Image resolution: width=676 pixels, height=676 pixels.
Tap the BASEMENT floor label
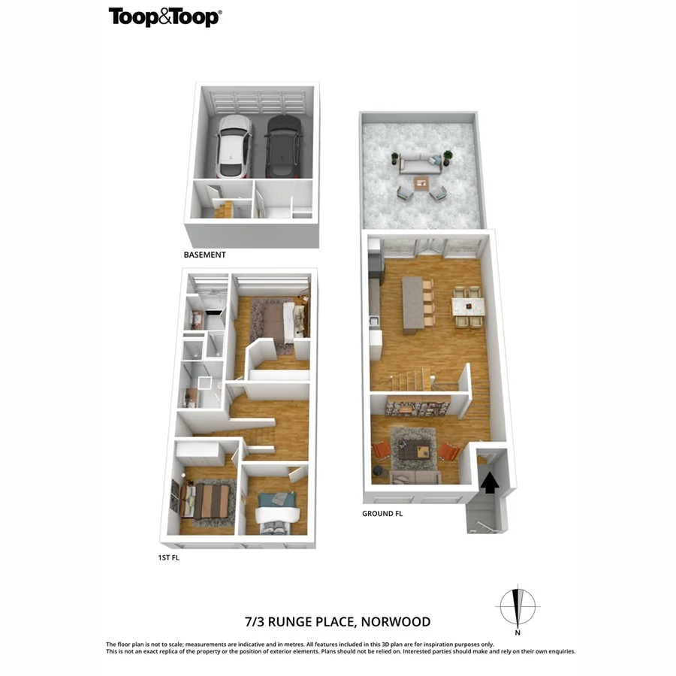point(204,255)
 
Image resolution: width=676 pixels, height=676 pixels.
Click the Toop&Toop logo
point(165,17)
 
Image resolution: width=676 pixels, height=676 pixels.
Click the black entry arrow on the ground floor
point(489,481)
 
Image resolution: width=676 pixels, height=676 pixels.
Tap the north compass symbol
point(518,603)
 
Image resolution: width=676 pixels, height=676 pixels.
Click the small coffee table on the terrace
point(421,182)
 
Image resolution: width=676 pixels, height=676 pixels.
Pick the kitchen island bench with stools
point(413,304)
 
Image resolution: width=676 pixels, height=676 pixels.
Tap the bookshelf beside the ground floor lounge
point(417,408)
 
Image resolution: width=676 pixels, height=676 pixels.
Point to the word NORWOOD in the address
point(395,621)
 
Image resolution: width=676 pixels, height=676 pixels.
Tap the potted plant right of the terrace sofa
point(448,157)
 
